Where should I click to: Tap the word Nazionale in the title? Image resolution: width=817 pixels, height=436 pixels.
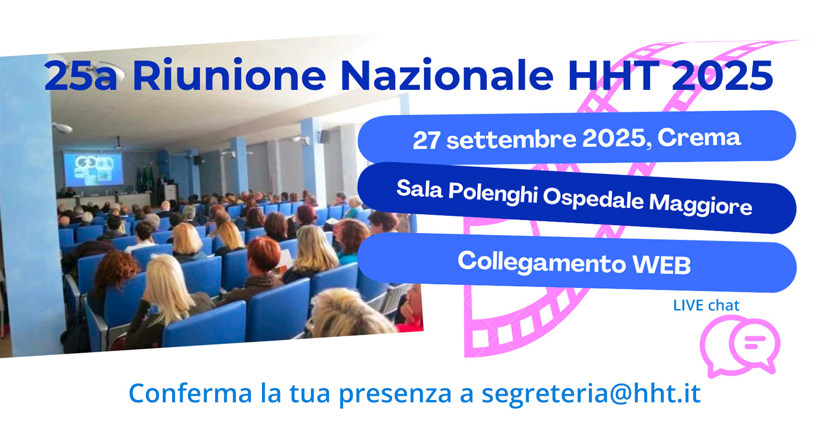pyautogui.click(x=447, y=75)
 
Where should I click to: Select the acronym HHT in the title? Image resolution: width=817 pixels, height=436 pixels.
pyautogui.click(x=614, y=75)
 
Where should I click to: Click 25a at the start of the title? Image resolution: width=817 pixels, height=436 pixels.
pyautogui.click(x=81, y=75)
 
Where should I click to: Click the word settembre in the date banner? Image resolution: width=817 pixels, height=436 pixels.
pyautogui.click(x=511, y=139)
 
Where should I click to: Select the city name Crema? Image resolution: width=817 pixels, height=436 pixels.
pyautogui.click(x=699, y=137)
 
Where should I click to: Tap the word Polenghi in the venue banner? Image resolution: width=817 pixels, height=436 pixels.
pyautogui.click(x=493, y=193)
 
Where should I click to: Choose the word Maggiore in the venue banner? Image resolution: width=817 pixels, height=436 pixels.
pyautogui.click(x=700, y=205)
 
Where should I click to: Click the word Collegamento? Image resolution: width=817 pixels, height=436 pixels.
pyautogui.click(x=541, y=263)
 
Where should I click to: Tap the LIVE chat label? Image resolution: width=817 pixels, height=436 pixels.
pyautogui.click(x=706, y=306)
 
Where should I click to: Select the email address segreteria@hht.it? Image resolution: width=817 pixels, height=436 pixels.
pyautogui.click(x=591, y=393)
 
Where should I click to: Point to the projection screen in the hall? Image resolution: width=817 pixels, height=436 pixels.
pyautogui.click(x=94, y=169)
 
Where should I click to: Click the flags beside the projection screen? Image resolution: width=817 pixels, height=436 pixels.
pyautogui.click(x=145, y=179)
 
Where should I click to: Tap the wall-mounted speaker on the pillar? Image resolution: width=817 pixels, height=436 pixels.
pyautogui.click(x=324, y=137)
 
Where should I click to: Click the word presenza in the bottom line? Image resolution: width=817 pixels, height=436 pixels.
pyautogui.click(x=395, y=395)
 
